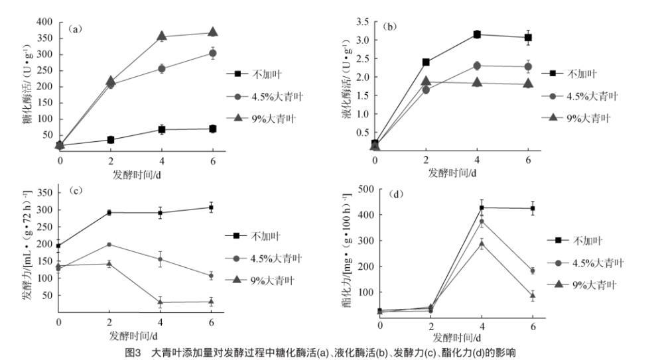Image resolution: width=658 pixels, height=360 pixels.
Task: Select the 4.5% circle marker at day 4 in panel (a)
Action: pos(162,68)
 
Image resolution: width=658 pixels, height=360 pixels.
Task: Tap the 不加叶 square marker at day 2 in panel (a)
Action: pos(111,140)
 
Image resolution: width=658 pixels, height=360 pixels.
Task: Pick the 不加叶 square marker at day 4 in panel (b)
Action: pos(476,34)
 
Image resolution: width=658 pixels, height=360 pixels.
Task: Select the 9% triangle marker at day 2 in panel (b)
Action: pos(426,81)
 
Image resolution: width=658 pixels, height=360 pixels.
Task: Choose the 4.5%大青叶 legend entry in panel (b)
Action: pos(586,95)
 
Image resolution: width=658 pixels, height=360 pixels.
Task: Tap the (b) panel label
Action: pos(391,28)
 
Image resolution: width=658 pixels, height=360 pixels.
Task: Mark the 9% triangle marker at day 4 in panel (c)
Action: pos(161,302)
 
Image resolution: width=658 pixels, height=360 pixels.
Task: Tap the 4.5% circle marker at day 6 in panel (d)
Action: pos(532,270)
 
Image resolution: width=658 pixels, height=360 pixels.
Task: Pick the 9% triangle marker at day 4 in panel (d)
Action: pos(482,244)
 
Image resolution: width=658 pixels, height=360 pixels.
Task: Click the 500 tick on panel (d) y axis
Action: pos(364,189)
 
